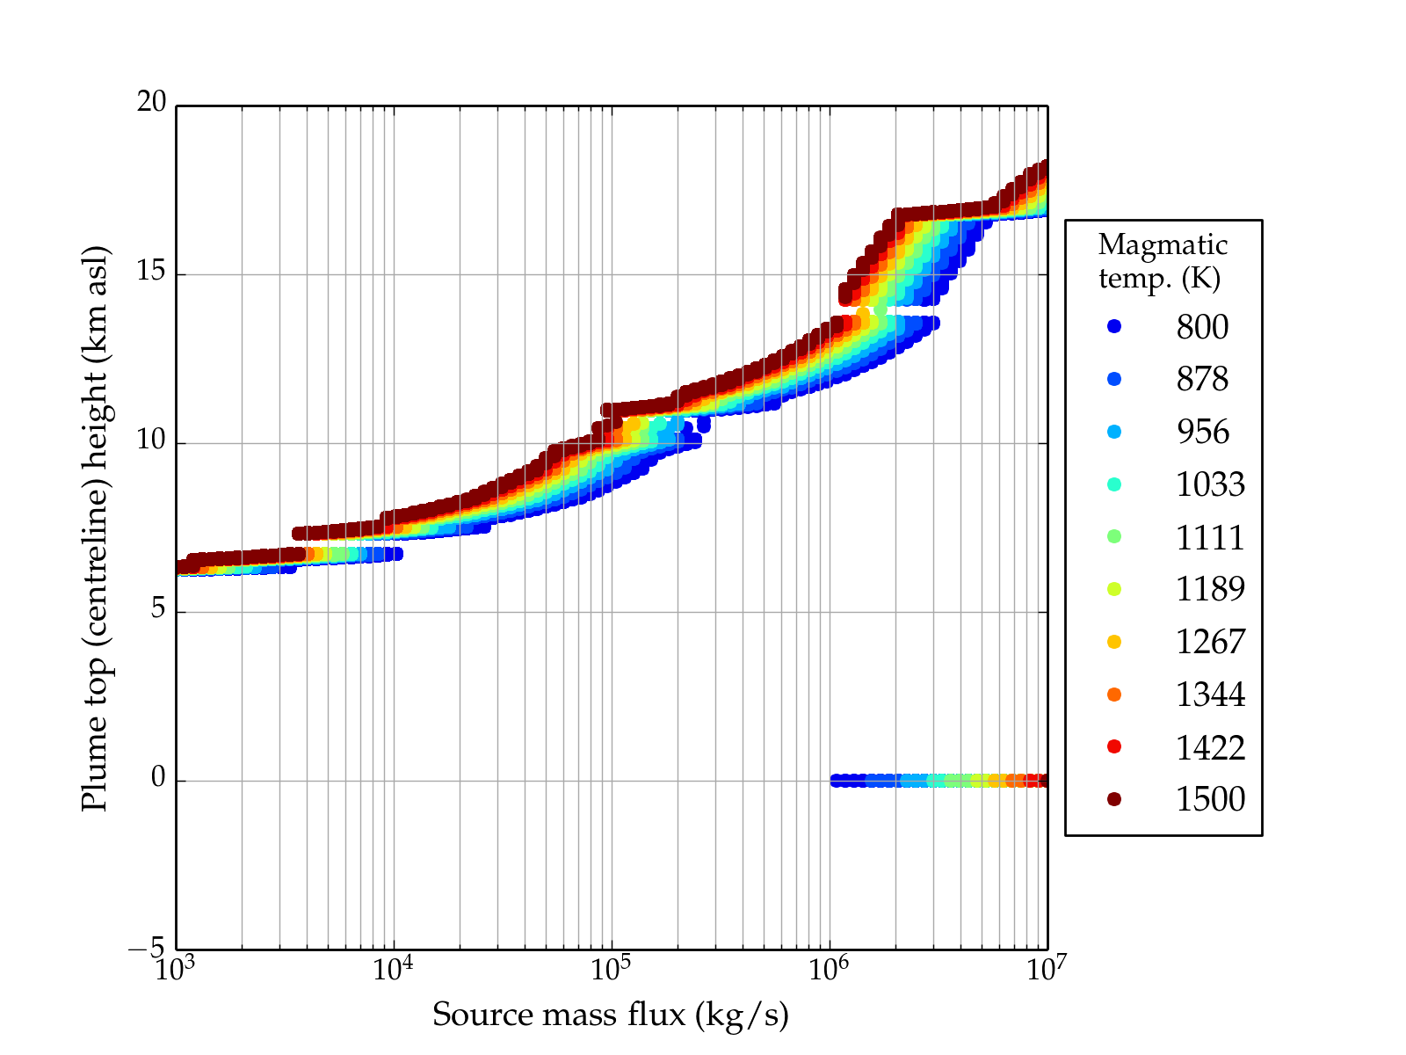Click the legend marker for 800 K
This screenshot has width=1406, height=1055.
click(x=1114, y=326)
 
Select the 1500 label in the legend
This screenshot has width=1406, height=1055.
click(x=1210, y=799)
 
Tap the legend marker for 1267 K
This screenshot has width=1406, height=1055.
click(x=1114, y=642)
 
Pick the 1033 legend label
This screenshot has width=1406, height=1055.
click(x=1210, y=484)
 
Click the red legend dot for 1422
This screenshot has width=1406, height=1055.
click(x=1114, y=746)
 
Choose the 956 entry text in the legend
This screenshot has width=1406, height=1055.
click(x=1202, y=432)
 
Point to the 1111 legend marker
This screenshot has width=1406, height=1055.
click(x=1114, y=536)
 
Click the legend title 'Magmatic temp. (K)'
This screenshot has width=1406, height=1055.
click(x=1163, y=261)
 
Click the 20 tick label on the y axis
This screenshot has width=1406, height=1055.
click(x=151, y=103)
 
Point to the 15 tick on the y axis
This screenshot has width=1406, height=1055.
click(x=151, y=272)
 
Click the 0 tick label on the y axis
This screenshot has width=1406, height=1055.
click(x=158, y=778)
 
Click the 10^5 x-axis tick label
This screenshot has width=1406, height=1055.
click(x=612, y=970)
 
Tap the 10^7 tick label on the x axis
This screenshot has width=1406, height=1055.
click(x=1047, y=970)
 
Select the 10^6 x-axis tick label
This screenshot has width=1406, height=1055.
click(x=829, y=970)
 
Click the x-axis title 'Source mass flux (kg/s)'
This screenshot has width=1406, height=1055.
click(x=611, y=1015)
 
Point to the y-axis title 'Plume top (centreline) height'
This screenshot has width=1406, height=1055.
click(x=94, y=527)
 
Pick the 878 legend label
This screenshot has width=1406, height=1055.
click(x=1202, y=379)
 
